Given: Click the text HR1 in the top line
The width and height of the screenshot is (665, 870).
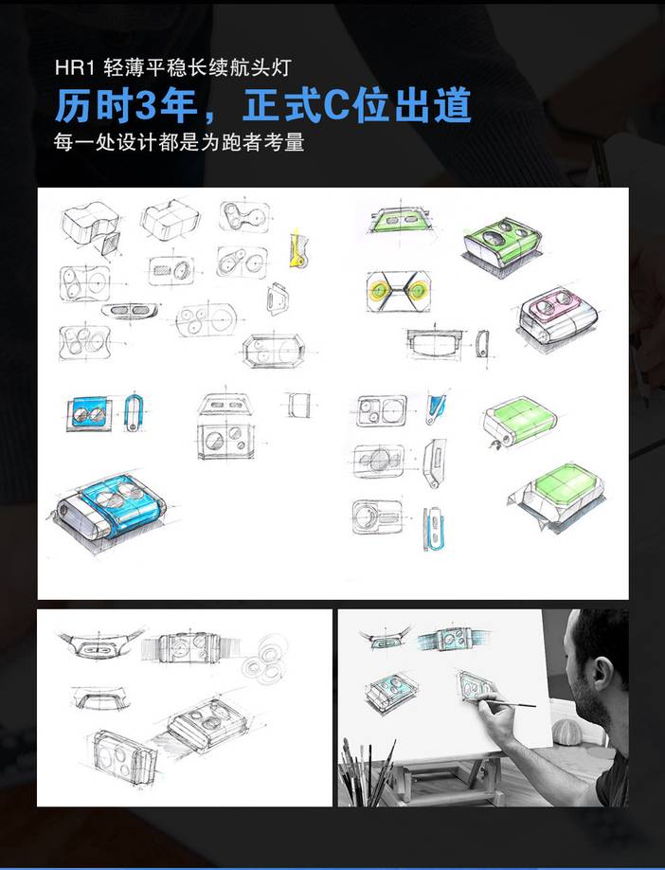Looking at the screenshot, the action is point(75,67).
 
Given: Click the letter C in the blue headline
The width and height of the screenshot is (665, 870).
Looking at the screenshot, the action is point(335,105).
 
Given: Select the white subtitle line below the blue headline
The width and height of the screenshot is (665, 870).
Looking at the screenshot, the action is point(179,142).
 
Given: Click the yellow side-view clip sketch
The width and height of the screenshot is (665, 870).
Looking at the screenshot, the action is point(297,248).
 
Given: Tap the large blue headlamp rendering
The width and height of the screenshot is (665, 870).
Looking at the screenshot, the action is point(111,508).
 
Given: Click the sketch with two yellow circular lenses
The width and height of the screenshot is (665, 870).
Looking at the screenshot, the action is point(398,291).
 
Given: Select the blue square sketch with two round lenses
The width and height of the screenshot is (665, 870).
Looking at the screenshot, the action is point(90,413).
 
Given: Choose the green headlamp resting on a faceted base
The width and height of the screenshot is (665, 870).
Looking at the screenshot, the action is point(555,497).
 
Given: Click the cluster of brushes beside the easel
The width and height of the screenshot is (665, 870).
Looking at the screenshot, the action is point(369,771).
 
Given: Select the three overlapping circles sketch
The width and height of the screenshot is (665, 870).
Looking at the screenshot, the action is point(265,660).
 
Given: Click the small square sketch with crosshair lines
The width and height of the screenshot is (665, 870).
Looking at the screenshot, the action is point(299,405).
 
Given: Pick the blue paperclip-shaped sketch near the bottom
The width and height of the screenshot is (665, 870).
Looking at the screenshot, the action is point(434,529).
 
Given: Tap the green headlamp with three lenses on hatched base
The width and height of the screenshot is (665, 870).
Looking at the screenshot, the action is point(502,245).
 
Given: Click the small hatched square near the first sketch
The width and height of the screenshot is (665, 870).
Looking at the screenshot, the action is point(111,244).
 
